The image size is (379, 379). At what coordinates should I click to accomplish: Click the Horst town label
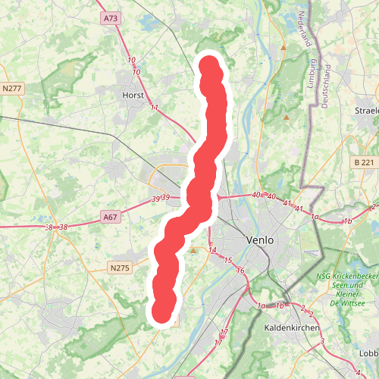(133, 96)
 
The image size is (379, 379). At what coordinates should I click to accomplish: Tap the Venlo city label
(259, 240)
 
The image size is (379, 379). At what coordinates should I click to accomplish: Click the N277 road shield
(12, 89)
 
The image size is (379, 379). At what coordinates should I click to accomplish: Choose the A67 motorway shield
(111, 218)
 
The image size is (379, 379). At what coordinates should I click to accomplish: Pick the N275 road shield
(120, 268)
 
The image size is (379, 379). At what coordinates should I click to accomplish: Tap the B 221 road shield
(365, 162)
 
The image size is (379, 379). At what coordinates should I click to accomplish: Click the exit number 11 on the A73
(155, 108)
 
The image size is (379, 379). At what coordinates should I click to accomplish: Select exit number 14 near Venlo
(212, 249)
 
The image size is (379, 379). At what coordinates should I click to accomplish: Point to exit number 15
(227, 261)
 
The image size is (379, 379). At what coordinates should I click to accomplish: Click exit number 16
(240, 271)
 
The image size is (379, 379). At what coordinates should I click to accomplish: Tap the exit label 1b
(347, 221)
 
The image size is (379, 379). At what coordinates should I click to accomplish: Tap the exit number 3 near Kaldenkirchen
(322, 342)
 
